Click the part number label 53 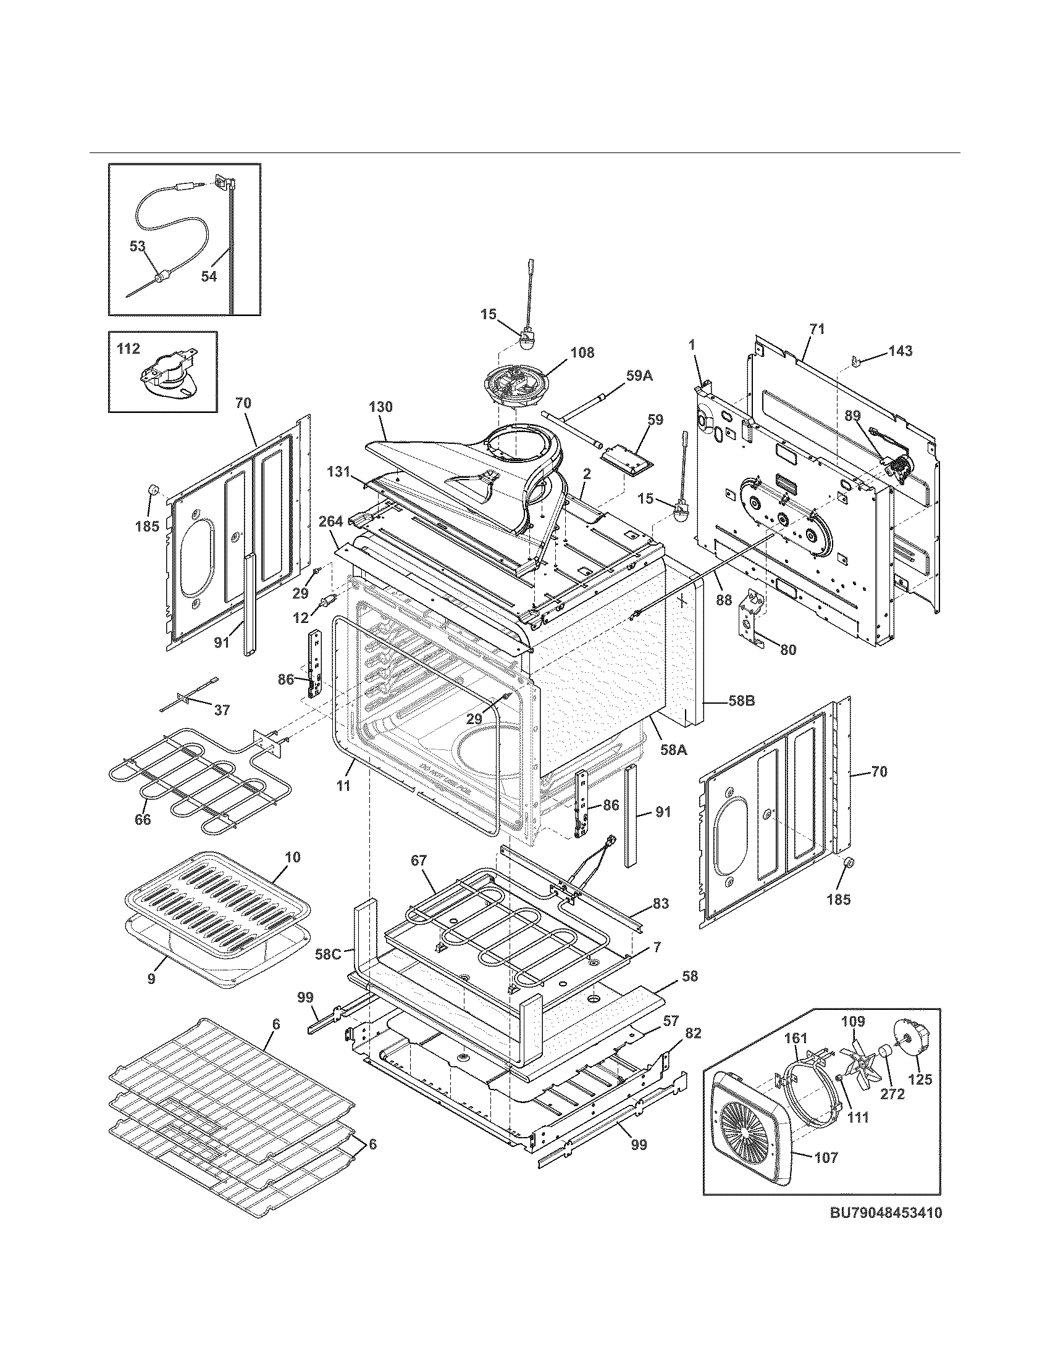coord(137,247)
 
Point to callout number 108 coord(582,352)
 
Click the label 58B coord(740,701)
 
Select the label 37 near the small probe coord(222,709)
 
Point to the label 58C coord(327,952)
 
